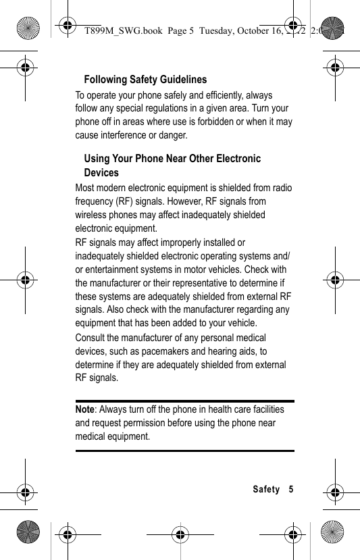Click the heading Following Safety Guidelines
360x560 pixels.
[145, 80]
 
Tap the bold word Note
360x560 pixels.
[84, 409]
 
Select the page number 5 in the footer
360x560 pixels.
[291, 489]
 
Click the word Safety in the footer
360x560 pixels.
[266, 489]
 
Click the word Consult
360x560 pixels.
[90, 338]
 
